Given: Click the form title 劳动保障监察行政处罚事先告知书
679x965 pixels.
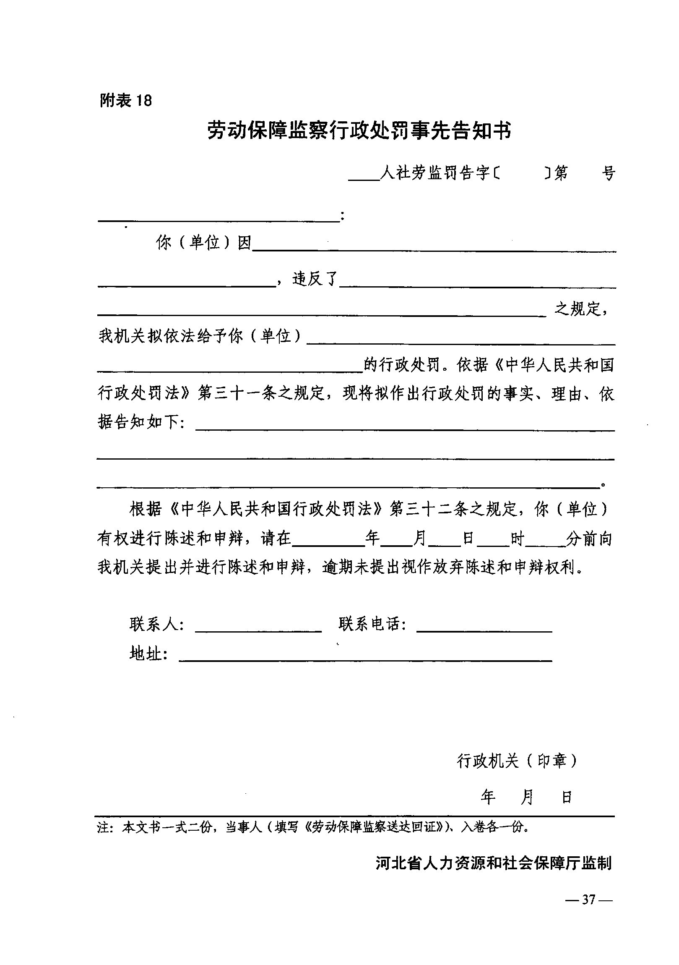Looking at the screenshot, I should tap(359, 131).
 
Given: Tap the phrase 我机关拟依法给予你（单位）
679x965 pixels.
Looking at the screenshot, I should tap(200, 336).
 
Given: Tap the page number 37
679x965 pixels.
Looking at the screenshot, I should tap(589, 900).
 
